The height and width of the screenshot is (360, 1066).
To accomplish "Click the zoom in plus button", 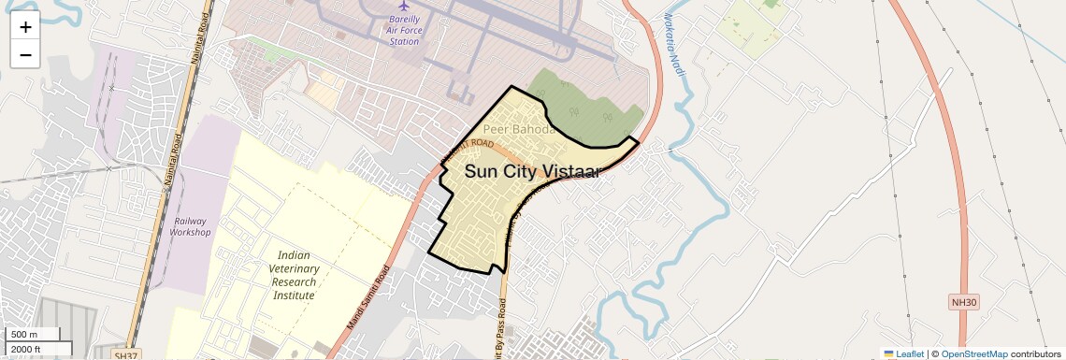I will pos(25,27).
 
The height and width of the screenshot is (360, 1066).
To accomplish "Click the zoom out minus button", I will pos(25,54).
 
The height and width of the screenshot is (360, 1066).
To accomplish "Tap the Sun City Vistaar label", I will pos(532,171).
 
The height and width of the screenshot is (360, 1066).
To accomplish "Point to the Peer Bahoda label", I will pos(519,129).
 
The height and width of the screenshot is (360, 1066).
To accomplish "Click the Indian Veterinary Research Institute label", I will pos(294,275).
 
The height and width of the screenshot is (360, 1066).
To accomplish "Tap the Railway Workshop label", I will pos(192,226).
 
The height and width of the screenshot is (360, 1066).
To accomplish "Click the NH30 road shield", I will pos(962,302).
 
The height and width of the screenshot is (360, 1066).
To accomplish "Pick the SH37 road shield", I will pos(124,355).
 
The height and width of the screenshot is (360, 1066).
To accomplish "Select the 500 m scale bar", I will pos(33,335).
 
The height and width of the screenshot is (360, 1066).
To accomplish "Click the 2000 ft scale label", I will pos(37,349).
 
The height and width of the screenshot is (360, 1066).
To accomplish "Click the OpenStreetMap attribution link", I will pos(973,353).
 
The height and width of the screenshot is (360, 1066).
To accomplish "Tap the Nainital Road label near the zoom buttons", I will pos(198,42).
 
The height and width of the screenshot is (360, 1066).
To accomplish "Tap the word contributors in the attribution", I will pos(1035,353).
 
